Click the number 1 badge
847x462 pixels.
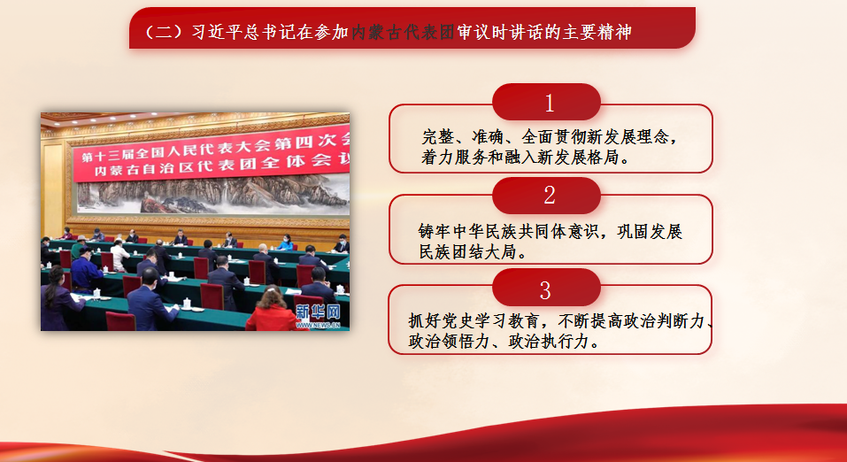(546, 102)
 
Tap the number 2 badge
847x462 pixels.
(546, 195)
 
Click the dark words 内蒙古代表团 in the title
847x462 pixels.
(403, 33)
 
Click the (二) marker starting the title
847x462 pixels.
(164, 33)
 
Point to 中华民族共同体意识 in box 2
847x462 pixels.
(526, 231)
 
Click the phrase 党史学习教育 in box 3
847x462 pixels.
(490, 321)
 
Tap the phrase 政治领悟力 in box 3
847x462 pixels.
(449, 342)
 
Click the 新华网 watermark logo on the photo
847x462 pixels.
(318, 312)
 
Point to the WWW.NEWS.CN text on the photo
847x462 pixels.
(318, 326)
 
